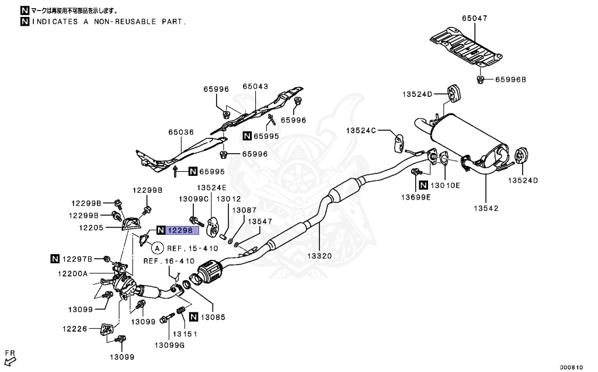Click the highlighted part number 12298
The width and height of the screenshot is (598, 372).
tap(182, 230)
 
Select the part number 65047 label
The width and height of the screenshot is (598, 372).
tap(474, 19)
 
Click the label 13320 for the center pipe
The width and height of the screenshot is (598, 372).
tap(321, 255)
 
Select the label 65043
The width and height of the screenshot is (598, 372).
tap(255, 86)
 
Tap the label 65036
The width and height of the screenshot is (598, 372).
tap(180, 133)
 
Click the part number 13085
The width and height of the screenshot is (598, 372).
tap(213, 317)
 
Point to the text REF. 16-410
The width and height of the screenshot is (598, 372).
tap(169, 261)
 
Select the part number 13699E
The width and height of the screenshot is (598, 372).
tap(415, 197)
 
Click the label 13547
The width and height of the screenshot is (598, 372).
tap(260, 222)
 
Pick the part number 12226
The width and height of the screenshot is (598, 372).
tap(75, 329)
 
